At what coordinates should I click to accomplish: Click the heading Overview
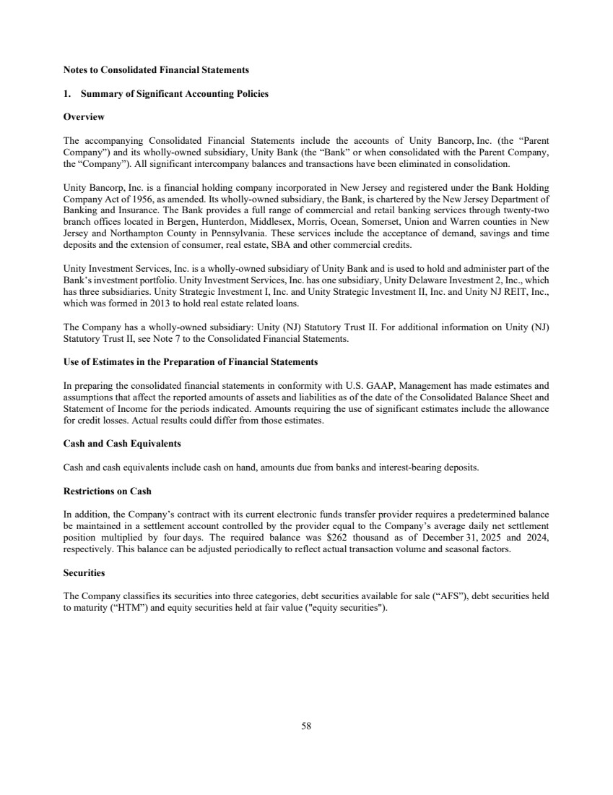84,116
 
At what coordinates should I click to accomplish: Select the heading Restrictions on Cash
108,491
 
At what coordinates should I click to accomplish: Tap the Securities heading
84,572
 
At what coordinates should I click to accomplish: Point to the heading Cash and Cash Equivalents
122,443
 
